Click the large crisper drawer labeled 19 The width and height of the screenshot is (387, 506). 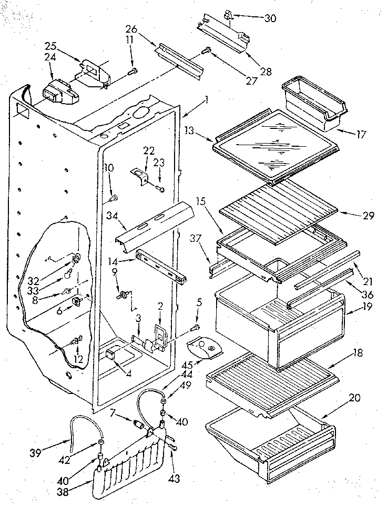(279, 326)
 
